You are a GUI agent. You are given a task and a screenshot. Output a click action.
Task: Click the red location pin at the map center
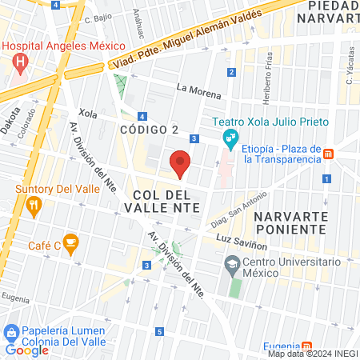click(181, 165)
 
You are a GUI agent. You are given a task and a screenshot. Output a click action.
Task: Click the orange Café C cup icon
click(70, 241)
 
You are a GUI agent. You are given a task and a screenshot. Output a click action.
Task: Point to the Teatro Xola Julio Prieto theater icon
click(230, 138)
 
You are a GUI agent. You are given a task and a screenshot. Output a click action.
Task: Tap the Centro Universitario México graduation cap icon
click(231, 263)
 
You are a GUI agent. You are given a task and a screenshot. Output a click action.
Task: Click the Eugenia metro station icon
click(297, 346)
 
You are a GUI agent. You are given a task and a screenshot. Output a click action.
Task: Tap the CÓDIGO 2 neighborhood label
click(149, 130)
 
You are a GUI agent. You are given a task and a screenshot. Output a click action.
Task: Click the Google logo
click(26, 350)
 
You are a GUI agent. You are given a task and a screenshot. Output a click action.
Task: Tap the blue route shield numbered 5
click(159, 332)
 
